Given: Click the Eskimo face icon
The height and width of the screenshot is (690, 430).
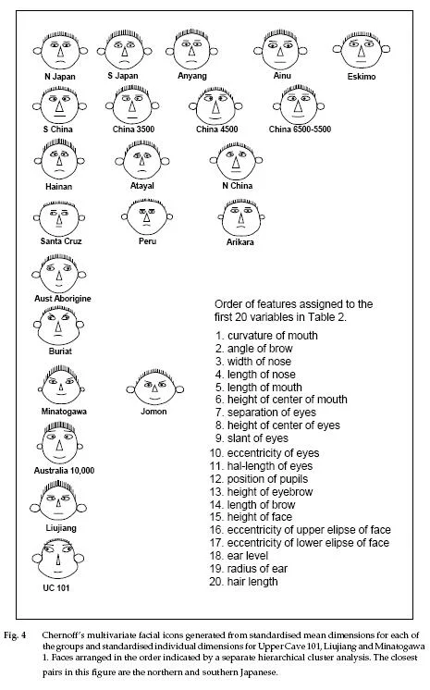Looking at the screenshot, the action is pos(362,50).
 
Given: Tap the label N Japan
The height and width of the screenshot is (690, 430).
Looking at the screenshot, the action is pos(60,77).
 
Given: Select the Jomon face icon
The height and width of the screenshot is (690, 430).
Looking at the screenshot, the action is pos(154,388).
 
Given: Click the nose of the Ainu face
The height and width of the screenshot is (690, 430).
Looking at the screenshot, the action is pos(280,51).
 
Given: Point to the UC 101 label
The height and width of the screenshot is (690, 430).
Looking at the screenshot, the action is pos(55,588).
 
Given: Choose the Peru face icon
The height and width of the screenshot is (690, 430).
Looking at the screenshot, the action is pos(147,217).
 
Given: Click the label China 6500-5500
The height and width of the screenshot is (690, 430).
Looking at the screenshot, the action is pos(300,129).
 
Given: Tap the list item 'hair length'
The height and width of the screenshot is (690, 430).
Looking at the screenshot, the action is pos(243,581).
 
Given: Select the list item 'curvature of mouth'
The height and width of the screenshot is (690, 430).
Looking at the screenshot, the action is pos(266,336).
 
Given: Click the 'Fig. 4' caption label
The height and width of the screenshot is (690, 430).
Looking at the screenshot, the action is pos(15,635).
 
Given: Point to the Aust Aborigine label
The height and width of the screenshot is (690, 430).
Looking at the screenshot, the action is pos(63,299).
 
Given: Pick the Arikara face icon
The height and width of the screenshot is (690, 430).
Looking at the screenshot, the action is pos(240,218).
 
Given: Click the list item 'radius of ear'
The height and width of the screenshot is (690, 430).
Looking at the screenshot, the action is pos(249,569).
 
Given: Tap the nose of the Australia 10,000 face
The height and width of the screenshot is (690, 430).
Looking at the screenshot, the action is pos(59,445).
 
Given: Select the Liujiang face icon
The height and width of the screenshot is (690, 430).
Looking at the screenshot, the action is pos(58,502).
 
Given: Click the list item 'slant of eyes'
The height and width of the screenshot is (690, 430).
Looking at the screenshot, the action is pos(252,438).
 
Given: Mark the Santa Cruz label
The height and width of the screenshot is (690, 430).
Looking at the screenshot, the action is pos(61,241).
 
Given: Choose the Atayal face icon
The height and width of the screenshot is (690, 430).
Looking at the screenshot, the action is pos(142,161).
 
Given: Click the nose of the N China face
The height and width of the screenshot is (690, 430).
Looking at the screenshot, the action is pos(236,163).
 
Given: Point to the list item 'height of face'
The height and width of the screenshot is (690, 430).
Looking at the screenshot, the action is pos(251,517).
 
